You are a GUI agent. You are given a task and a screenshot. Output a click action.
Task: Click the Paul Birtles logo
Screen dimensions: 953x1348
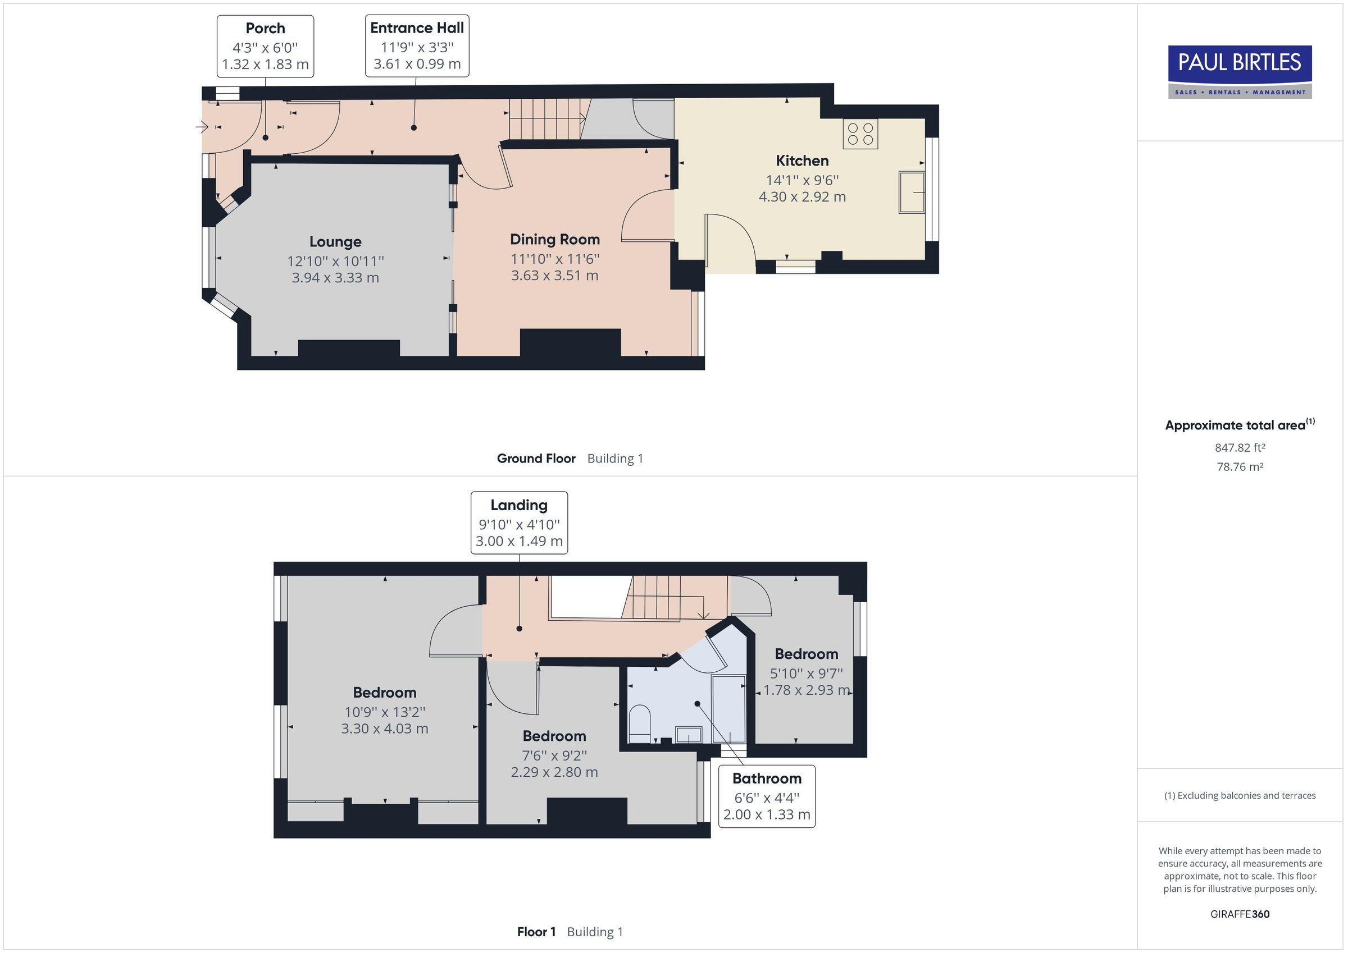pyautogui.click(x=1240, y=72)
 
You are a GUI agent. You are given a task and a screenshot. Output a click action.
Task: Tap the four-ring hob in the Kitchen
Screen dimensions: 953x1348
pyautogui.click(x=860, y=134)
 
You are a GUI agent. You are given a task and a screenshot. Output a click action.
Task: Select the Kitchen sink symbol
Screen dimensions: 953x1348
pyautogui.click(x=911, y=192)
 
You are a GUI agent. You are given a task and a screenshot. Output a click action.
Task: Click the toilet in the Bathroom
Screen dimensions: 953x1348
pyautogui.click(x=639, y=723)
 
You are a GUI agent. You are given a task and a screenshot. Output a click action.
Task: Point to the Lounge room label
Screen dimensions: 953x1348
pyautogui.click(x=335, y=241)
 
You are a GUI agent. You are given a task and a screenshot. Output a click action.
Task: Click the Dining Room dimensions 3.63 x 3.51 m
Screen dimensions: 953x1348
pyautogui.click(x=554, y=275)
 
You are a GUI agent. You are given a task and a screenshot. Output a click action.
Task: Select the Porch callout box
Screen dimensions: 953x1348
pyautogui.click(x=265, y=47)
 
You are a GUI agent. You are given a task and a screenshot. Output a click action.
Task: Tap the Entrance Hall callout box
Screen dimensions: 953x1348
pyautogui.click(x=417, y=46)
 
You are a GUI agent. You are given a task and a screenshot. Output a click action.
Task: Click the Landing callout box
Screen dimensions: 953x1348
pyautogui.click(x=519, y=523)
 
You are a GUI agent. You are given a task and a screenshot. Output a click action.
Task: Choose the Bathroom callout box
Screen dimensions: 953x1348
pyautogui.click(x=767, y=796)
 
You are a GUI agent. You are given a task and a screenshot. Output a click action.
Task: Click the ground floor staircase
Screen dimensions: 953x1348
pyautogui.click(x=546, y=119)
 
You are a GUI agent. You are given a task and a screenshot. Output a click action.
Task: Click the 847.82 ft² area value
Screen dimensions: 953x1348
pyautogui.click(x=1240, y=448)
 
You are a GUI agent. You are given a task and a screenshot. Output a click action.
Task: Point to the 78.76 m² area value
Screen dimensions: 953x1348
pyautogui.click(x=1240, y=467)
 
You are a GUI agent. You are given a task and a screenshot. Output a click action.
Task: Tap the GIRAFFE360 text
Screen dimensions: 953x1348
pyautogui.click(x=1240, y=914)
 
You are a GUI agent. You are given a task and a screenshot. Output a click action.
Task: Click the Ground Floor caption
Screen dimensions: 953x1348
pyautogui.click(x=535, y=459)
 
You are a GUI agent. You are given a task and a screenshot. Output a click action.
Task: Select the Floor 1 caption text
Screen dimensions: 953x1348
pyautogui.click(x=535, y=932)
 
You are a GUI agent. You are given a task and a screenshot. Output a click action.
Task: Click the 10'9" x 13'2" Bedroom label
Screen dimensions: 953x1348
pyautogui.click(x=385, y=712)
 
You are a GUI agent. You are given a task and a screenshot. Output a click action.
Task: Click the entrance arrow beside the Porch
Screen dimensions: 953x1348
pyautogui.click(x=202, y=126)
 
